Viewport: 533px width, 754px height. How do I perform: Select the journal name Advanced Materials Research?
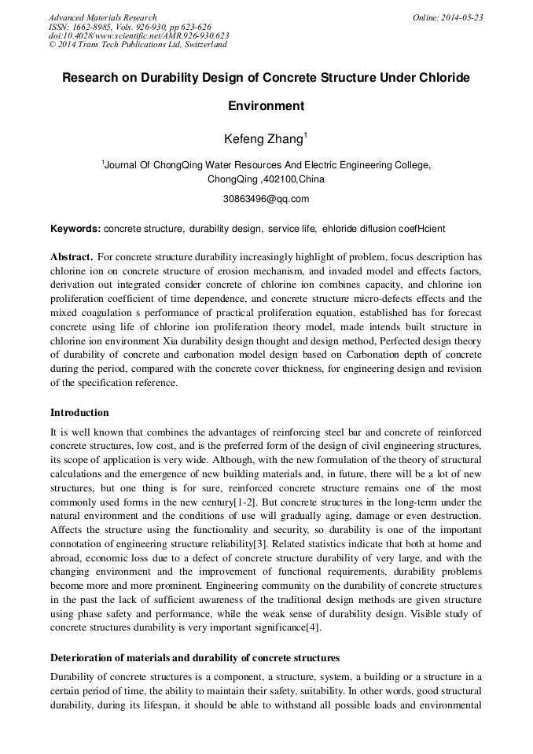pos(103,17)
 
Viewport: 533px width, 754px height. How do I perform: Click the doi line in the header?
pos(138,35)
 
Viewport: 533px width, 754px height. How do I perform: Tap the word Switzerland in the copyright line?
pos(204,45)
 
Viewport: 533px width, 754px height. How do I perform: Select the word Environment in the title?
pos(266,106)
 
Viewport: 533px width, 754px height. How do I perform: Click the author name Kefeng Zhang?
pos(263,139)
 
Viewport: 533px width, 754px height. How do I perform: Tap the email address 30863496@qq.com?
pos(266,199)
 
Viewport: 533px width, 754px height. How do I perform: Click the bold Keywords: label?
pos(75,229)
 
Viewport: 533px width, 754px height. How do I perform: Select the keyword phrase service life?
pos(292,229)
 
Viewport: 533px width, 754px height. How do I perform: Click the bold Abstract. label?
pos(72,257)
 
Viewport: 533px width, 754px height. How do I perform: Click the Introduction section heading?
pos(79,413)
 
